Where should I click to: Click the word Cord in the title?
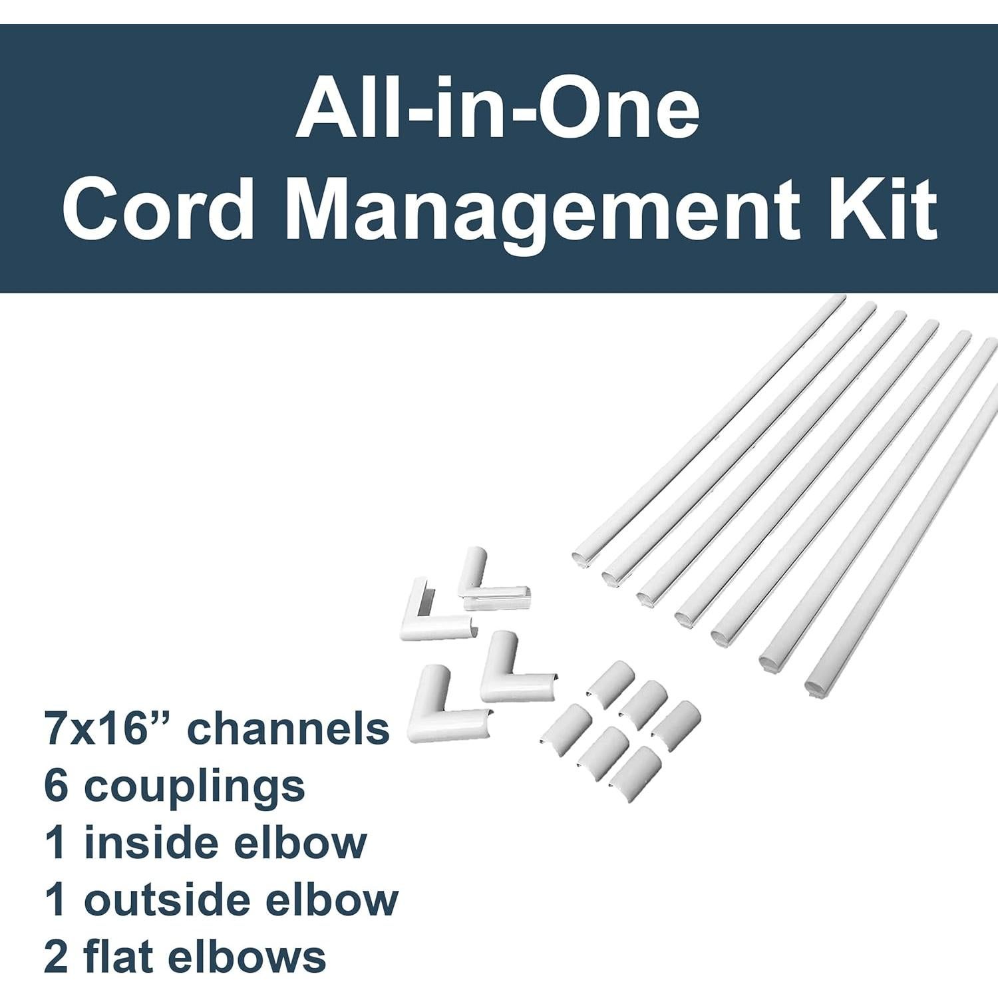click(x=158, y=210)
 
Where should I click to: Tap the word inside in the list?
click(x=149, y=843)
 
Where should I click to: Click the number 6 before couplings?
click(x=56, y=786)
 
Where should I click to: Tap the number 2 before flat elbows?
click(x=56, y=957)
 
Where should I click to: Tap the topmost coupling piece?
click(x=612, y=679)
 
